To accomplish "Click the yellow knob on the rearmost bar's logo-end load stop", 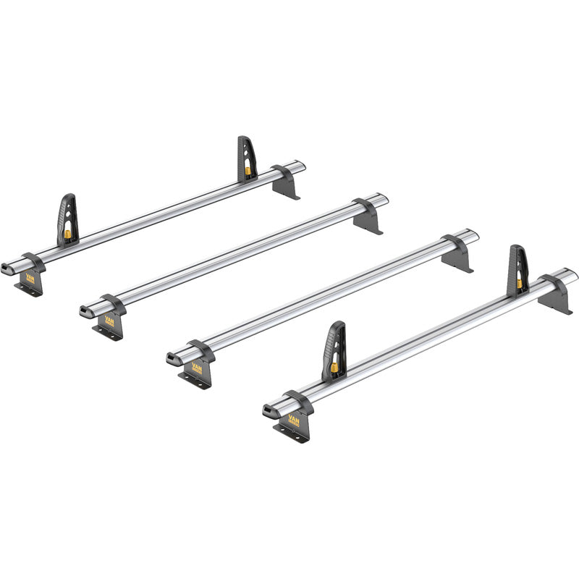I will [x=67, y=234].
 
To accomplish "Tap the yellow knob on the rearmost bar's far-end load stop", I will [x=248, y=172].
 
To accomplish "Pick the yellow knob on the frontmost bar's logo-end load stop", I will [x=335, y=367].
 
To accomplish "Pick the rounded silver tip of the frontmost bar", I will [x=573, y=275].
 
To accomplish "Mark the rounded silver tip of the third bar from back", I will [x=474, y=234].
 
